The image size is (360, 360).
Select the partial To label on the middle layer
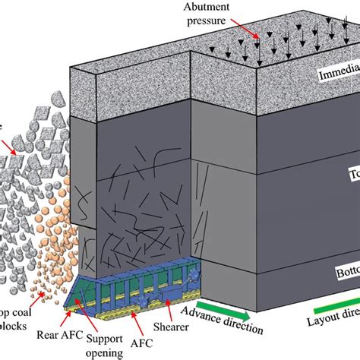click(350, 173)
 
